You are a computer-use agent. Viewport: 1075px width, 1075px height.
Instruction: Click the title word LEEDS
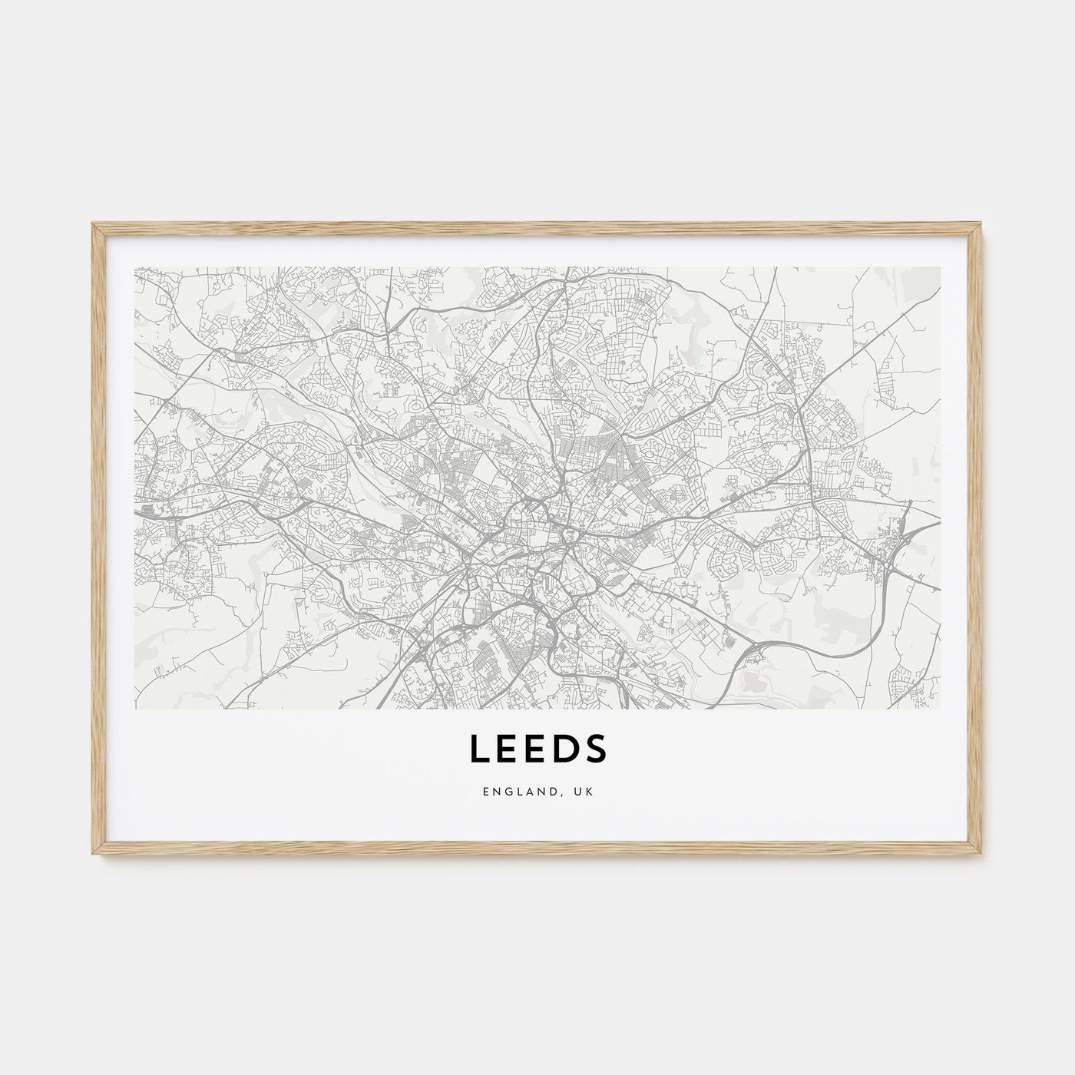point(537,749)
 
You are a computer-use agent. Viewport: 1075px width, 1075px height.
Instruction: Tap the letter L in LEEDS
point(479,749)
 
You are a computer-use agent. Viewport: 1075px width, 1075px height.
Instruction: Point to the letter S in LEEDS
point(595,749)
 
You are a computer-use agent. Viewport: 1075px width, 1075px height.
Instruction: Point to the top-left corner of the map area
point(135,268)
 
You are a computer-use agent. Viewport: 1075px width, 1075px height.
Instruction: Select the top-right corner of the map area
point(940,268)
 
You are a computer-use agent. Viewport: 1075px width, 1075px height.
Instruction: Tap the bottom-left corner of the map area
point(135,708)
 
